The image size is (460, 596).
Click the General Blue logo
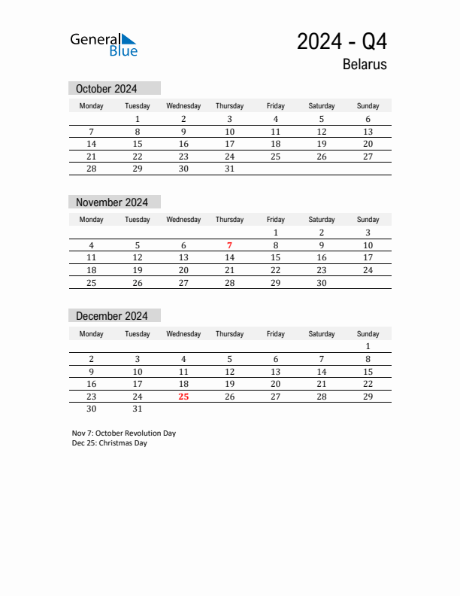pos(104,44)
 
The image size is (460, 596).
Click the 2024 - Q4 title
pos(342,41)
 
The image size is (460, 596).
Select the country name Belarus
pos(365,64)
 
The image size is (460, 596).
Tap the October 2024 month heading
pos(106,89)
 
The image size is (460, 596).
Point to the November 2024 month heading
pos(112,202)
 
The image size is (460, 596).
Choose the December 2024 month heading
pos(112,316)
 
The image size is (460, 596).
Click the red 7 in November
pos(229,245)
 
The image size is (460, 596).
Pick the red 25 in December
pos(183,396)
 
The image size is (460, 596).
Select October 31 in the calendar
pos(229,169)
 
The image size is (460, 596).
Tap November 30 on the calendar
pos(322,283)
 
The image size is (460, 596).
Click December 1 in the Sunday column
pos(368,346)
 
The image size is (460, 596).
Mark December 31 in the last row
pos(138,409)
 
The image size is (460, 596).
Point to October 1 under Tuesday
pos(138,119)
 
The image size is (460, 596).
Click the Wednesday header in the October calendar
pos(183,106)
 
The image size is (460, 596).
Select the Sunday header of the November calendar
pos(368,220)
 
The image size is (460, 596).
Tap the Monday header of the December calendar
pos(92,333)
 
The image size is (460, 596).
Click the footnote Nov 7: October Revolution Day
pos(124,433)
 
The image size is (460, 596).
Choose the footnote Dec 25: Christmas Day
pos(110,443)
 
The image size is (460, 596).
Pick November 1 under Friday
pos(276,233)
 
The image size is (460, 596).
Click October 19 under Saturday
pos(322,144)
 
